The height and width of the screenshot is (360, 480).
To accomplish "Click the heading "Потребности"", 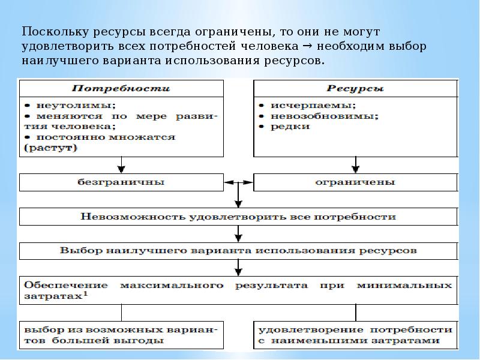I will [x=121, y=89].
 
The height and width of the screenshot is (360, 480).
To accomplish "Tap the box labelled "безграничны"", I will [x=121, y=182].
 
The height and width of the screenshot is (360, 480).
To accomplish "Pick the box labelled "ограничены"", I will [x=355, y=182].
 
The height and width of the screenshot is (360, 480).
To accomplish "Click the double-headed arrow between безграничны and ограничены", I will [x=238, y=182].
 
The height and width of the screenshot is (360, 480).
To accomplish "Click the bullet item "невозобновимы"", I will [x=300, y=115].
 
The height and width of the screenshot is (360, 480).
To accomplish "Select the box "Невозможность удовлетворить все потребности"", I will [x=238, y=216].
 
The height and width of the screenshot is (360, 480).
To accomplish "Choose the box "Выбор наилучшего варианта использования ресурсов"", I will [x=238, y=250].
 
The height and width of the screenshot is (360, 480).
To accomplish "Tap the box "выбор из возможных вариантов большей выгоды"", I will [x=121, y=335].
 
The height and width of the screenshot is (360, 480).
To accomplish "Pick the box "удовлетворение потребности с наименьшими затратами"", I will [x=355, y=335].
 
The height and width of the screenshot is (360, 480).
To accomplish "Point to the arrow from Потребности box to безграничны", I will [x=121, y=163].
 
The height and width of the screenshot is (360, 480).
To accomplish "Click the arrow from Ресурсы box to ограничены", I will [x=355, y=163].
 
